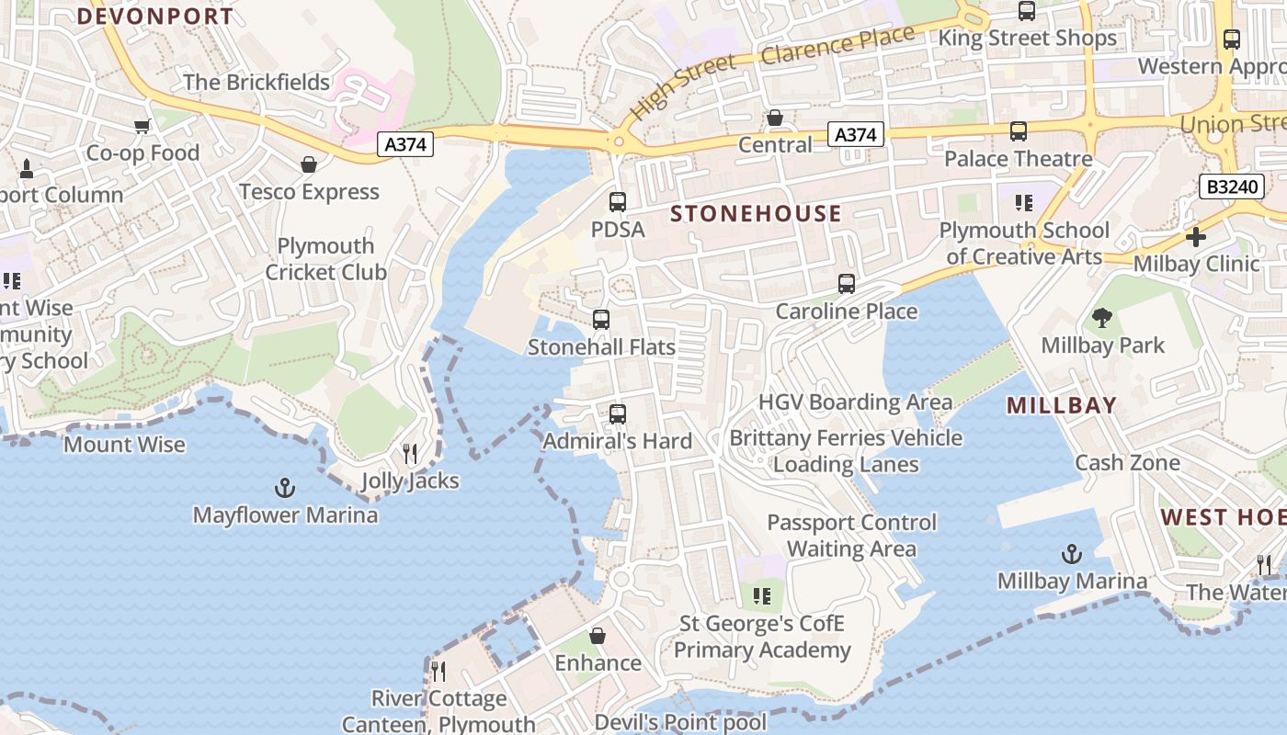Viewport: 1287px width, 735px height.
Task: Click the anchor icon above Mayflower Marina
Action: coord(285,487)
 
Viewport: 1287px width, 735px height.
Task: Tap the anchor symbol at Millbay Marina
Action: coord(1072,554)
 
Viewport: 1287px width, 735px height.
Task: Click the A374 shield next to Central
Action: coord(855,135)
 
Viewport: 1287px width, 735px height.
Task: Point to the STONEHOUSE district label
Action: coord(756,214)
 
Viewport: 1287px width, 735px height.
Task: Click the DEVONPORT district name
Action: coord(155,16)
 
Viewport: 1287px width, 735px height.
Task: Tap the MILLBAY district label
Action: coord(1062,405)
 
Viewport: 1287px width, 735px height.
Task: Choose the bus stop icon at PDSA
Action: coord(618,202)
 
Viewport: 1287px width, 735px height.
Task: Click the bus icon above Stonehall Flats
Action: coord(601,320)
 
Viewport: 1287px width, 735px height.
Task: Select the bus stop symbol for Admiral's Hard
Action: coord(618,413)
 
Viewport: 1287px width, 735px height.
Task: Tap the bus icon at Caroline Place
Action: coord(847,284)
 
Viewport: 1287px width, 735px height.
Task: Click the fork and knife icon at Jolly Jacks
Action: coord(410,453)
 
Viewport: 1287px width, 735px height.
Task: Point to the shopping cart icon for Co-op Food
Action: coord(142,126)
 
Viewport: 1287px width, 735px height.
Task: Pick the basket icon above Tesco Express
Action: coord(309,164)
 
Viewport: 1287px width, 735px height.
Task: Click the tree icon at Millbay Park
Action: coord(1102,318)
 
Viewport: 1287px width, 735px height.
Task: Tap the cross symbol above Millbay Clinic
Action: coord(1196,237)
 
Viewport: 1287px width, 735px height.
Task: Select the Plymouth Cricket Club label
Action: coord(326,259)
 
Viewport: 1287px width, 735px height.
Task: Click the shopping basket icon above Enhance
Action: coord(598,636)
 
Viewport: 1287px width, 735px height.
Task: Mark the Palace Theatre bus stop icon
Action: coord(1019,131)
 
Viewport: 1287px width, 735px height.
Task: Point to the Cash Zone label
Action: coord(1127,462)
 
